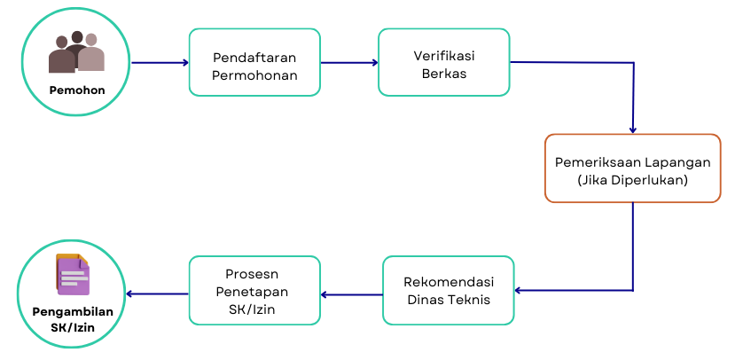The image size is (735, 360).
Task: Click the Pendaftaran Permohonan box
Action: tap(254, 62)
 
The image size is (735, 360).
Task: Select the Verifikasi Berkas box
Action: tap(443, 62)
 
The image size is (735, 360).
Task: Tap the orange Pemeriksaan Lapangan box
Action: tap(632, 168)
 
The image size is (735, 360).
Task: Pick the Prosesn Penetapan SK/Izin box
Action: tap(254, 290)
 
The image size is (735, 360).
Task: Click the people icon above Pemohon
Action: tap(76, 52)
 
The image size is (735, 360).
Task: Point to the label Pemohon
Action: tap(76, 90)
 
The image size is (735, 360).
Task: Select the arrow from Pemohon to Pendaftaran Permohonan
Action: tap(160, 62)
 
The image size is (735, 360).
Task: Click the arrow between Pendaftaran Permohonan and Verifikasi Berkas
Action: tap(349, 62)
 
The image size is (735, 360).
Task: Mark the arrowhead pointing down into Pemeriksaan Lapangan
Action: tap(632, 129)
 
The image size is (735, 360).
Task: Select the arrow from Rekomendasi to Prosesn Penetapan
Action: tap(351, 293)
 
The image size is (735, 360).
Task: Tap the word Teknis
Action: tap(473, 299)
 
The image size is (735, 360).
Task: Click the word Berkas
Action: tap(443, 72)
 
